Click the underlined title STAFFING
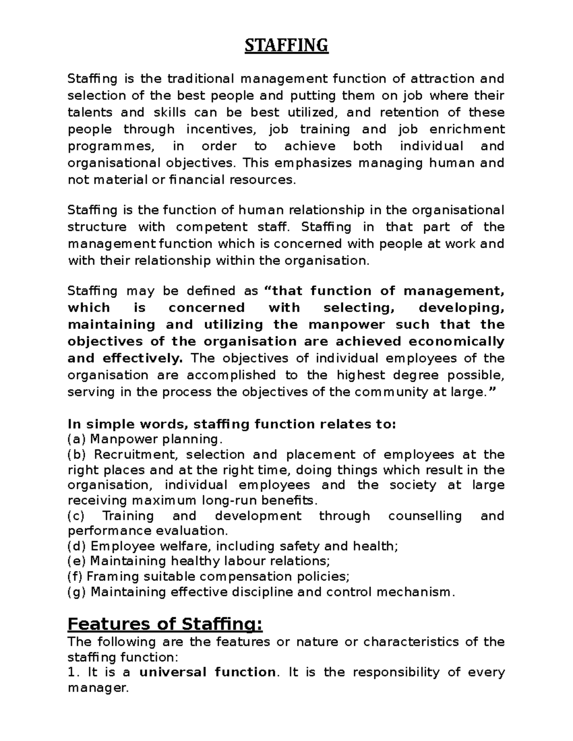pyautogui.click(x=286, y=46)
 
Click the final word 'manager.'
pyautogui.click(x=98, y=689)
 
